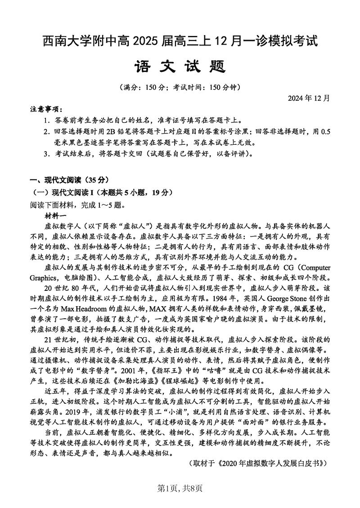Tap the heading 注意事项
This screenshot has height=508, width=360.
[47, 110]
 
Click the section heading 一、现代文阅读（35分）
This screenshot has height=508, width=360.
[69, 180]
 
